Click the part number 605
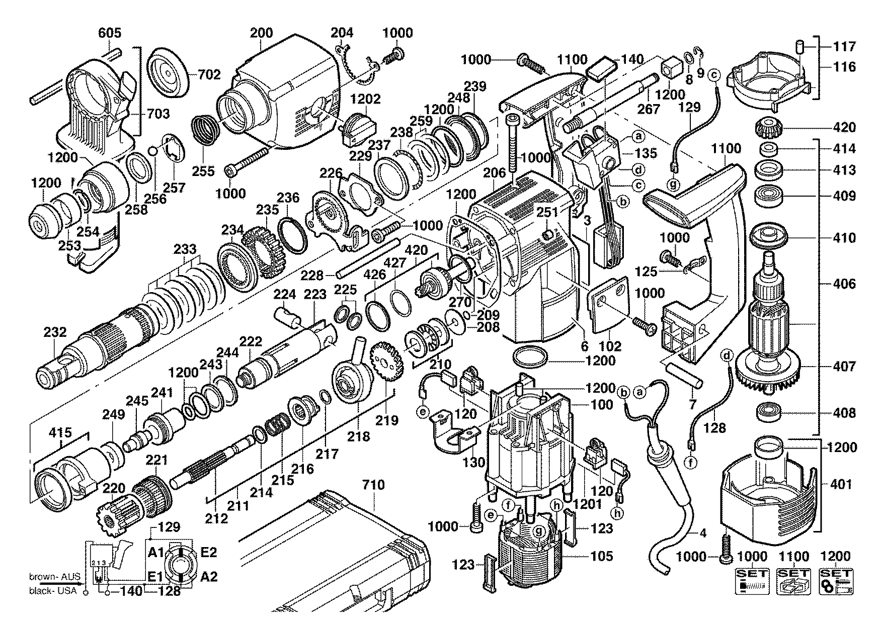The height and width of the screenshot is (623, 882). (110, 33)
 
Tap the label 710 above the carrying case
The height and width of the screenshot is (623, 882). (373, 485)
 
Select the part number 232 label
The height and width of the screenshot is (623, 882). (55, 332)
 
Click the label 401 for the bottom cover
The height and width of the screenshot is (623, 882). (841, 484)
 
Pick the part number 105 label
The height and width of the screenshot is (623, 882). (602, 556)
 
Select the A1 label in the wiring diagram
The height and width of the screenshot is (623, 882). (156, 553)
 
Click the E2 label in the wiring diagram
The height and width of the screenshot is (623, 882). (208, 553)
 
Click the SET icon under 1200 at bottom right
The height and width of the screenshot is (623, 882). (836, 581)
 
